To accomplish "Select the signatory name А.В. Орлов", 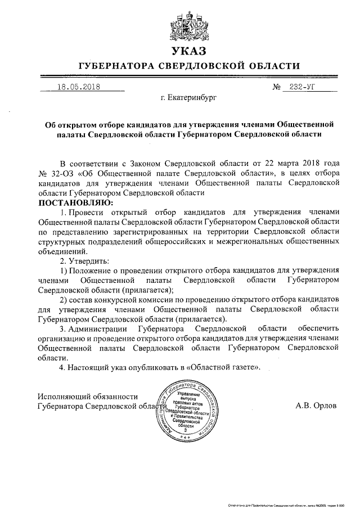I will pyautogui.click(x=316, y=405).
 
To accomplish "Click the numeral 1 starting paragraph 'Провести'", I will pyautogui.click(x=62, y=212).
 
